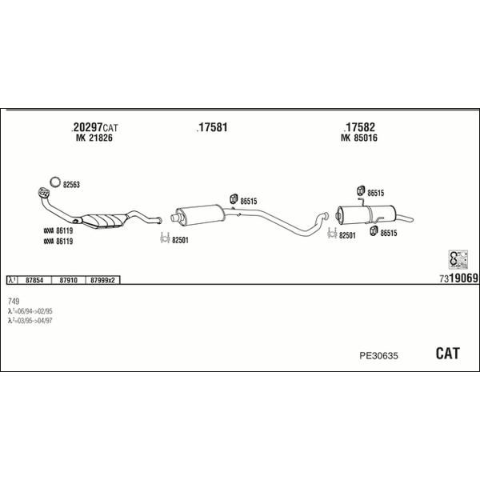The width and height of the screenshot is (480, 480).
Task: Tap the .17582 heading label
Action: [x=359, y=128]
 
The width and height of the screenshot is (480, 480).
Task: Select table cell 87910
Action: [x=68, y=280]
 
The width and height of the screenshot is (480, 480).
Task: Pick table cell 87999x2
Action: [x=103, y=280]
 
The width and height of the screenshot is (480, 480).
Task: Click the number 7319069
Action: [x=458, y=278]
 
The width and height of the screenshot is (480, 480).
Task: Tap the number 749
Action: [x=14, y=300]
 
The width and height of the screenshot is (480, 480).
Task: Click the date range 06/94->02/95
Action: [x=34, y=310]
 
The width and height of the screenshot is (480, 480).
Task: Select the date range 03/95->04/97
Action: [x=34, y=320]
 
